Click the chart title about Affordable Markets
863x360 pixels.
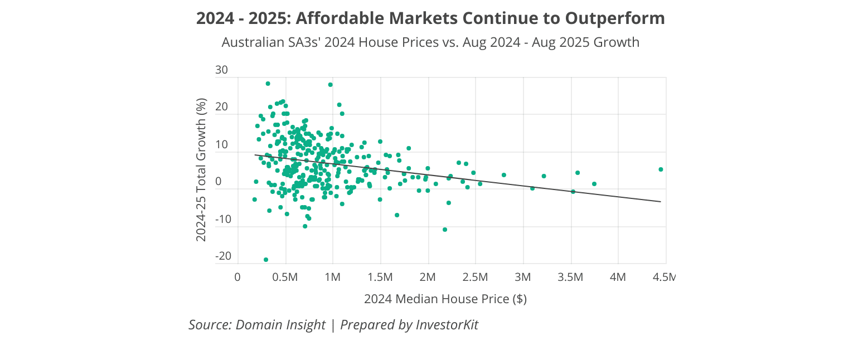[x=430, y=18]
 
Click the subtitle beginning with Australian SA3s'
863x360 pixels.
[x=430, y=42]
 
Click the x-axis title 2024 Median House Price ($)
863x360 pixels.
[x=445, y=299]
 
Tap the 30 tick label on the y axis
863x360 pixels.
[x=221, y=70]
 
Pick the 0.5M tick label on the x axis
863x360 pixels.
[x=285, y=277]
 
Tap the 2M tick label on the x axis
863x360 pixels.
[x=428, y=277]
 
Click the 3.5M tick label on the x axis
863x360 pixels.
[x=570, y=277]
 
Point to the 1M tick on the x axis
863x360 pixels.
[x=333, y=277]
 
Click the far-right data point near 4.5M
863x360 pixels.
[x=661, y=169]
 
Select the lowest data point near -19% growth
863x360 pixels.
[x=266, y=260]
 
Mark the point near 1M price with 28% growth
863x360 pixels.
[x=330, y=85]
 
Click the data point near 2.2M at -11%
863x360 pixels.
[x=445, y=230]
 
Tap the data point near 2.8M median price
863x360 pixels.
[x=504, y=175]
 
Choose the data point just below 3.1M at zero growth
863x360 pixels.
[x=532, y=188]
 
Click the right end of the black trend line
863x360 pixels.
[x=661, y=202]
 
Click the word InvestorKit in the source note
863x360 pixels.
[x=447, y=325]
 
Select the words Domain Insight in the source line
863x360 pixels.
[x=280, y=325]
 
